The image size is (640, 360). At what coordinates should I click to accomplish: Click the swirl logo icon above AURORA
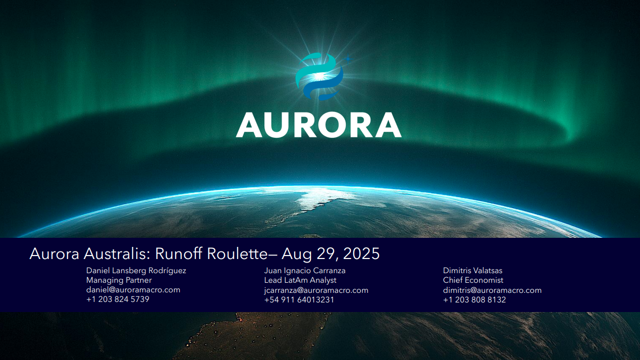(x=319, y=76)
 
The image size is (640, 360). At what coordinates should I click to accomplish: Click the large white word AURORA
(x=318, y=125)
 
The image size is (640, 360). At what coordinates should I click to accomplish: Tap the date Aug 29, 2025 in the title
(x=331, y=253)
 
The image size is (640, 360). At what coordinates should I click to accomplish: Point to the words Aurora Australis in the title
(x=89, y=253)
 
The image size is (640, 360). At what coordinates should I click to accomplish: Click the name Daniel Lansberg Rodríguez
(x=136, y=271)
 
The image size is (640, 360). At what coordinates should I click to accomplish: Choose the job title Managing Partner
(x=119, y=280)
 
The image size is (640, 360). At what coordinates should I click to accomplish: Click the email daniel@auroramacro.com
(x=133, y=290)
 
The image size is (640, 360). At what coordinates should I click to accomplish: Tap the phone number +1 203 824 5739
(x=118, y=299)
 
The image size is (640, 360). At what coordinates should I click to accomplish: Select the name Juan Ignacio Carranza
(x=305, y=271)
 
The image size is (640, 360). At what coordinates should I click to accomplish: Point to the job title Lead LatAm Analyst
(x=300, y=280)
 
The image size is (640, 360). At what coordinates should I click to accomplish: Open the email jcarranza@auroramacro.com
(x=316, y=290)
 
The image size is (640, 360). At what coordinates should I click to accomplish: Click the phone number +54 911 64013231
(x=299, y=300)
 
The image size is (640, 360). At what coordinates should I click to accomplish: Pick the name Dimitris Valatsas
(x=473, y=271)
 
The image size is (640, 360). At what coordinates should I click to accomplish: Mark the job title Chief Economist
(x=473, y=280)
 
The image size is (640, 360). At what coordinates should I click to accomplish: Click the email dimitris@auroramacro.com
(x=492, y=290)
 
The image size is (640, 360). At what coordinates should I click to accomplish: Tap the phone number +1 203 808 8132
(x=474, y=300)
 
